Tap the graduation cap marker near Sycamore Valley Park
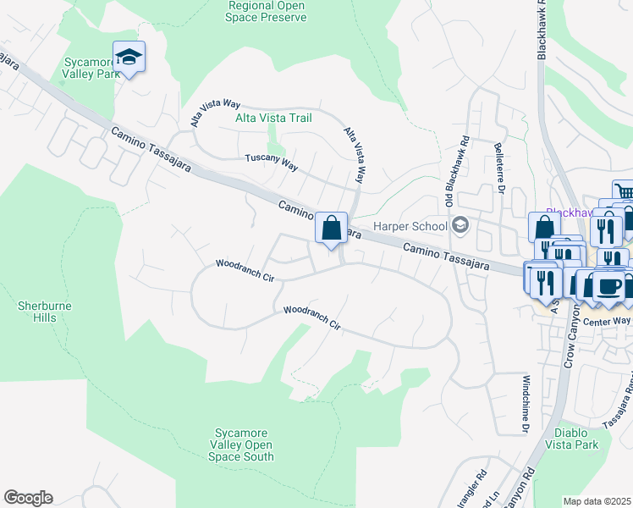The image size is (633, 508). click(x=129, y=58)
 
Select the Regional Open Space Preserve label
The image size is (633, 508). click(x=267, y=11)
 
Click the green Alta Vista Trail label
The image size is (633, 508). click(x=272, y=119)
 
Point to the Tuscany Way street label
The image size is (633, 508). click(x=271, y=162)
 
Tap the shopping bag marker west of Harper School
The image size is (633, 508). click(x=332, y=228)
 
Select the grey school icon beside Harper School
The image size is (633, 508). click(x=460, y=225)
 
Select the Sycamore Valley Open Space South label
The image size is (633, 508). click(x=242, y=445)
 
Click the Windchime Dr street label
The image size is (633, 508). click(x=525, y=404)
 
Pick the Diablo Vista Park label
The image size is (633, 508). click(x=571, y=438)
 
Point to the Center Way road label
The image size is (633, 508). click(x=610, y=320)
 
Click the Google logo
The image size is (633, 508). click(x=28, y=498)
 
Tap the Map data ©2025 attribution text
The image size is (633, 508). click(x=597, y=501)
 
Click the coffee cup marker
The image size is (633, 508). click(x=608, y=285)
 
